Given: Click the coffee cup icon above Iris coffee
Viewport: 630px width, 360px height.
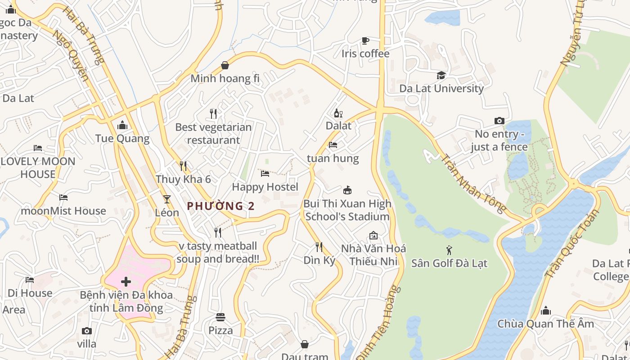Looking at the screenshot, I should click(365, 41).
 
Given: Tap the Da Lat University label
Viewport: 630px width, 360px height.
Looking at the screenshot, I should click(441, 88).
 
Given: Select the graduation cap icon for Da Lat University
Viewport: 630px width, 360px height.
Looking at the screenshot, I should click(441, 75).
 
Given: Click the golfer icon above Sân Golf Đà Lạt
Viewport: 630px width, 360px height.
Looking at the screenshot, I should click(449, 250).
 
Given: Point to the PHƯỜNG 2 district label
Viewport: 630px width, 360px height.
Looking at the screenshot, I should click(220, 206).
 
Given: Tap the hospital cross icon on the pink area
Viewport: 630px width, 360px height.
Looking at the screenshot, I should click(126, 282).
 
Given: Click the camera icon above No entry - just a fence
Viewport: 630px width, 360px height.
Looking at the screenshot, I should click(499, 121).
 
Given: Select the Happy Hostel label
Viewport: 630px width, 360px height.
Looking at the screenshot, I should click(265, 187).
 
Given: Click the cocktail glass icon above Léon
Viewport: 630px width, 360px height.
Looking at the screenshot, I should click(167, 199).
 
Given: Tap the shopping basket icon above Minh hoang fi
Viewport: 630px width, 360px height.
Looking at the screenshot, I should click(225, 65).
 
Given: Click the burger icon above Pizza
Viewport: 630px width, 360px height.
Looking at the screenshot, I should click(220, 317).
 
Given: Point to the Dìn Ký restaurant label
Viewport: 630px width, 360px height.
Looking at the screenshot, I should click(319, 260).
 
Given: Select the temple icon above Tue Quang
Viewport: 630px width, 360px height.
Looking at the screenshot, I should click(122, 125).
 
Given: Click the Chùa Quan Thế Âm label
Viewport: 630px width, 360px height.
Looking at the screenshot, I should click(545, 324).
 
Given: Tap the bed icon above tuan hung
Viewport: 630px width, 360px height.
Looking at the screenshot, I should click(333, 145).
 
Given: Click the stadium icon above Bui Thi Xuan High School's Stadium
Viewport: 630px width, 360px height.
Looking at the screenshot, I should click(347, 190).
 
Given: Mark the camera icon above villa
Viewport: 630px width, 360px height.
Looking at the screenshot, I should click(87, 331).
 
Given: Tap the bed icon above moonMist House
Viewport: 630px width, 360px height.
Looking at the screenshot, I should click(63, 197).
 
